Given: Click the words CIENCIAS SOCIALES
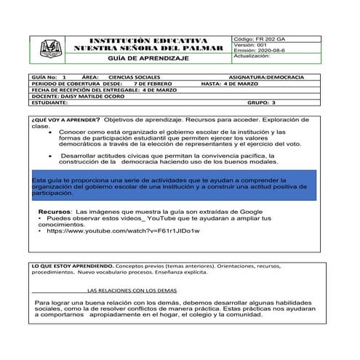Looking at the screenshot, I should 135,76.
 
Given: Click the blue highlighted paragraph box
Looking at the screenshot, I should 174,185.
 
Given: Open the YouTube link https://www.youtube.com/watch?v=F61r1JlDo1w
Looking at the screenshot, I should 122,231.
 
